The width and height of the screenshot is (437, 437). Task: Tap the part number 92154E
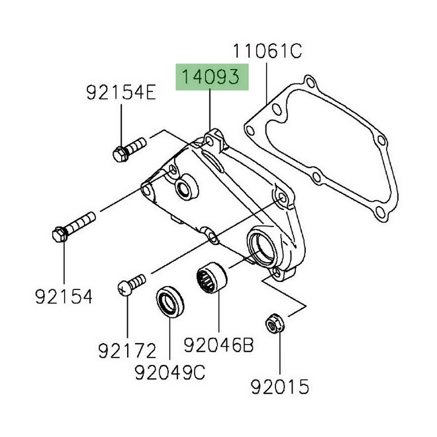[121, 93]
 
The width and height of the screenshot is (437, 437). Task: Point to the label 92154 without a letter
[64, 296]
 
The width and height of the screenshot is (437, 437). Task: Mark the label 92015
[279, 386]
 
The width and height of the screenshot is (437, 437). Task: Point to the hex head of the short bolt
[120, 154]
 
